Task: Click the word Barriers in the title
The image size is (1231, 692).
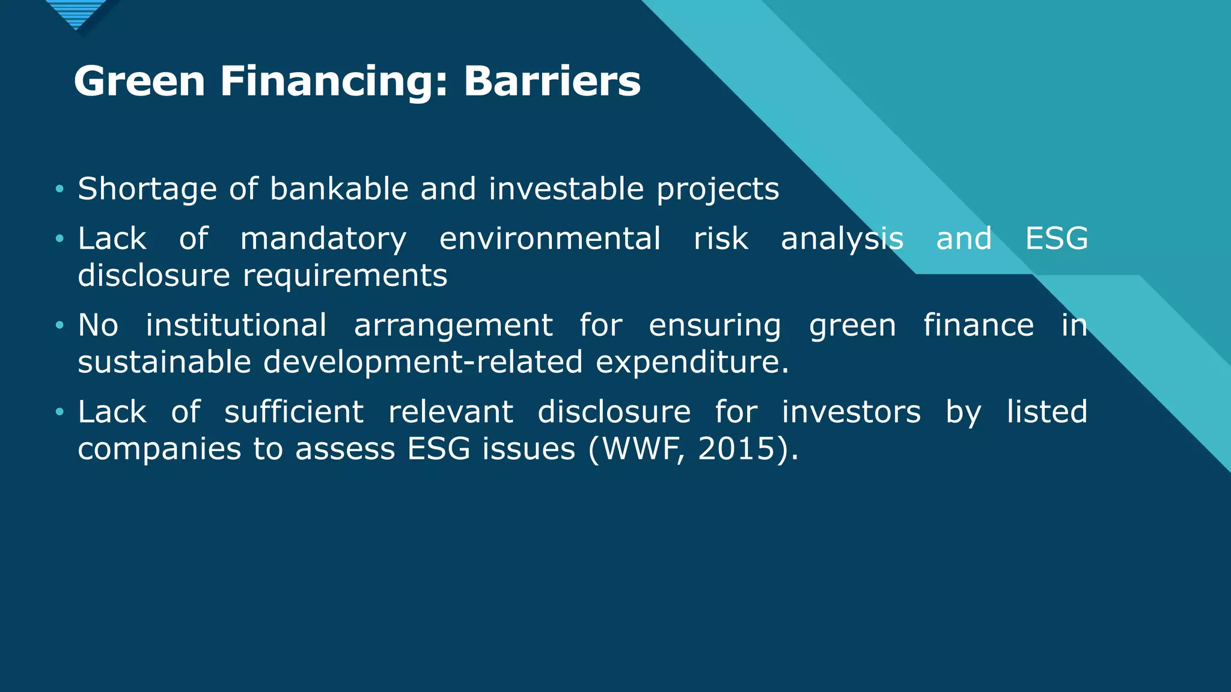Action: point(552,81)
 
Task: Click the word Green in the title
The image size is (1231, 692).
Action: point(139,81)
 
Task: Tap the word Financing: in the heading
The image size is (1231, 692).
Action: point(334,81)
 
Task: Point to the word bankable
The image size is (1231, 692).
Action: point(339,189)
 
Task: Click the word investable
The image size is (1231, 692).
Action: point(566,189)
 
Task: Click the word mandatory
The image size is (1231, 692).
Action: point(323,239)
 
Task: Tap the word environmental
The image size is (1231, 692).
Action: point(550,239)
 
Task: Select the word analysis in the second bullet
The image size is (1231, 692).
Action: point(842,239)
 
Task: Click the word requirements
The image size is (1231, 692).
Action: point(345,276)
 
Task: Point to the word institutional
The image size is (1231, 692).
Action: point(236,325)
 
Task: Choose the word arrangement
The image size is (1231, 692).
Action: point(453,326)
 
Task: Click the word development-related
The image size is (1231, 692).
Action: point(423,362)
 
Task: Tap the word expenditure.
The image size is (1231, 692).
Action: point(691,362)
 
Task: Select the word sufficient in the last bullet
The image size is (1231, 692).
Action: point(294,412)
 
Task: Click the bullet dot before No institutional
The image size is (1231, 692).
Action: point(59,326)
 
